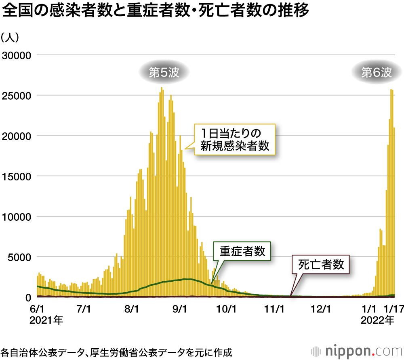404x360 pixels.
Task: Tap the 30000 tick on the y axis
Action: click(17, 55)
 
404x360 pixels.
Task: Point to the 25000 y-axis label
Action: click(17, 95)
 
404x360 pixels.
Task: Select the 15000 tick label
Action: click(17, 176)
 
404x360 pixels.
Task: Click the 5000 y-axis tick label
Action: click(20, 257)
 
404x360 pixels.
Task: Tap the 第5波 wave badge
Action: click(164, 73)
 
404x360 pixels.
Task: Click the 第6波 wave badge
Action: click(377, 73)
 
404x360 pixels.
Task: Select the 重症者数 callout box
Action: click(242, 251)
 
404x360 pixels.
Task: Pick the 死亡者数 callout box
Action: click(321, 265)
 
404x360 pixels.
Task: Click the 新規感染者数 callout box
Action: click(234, 139)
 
